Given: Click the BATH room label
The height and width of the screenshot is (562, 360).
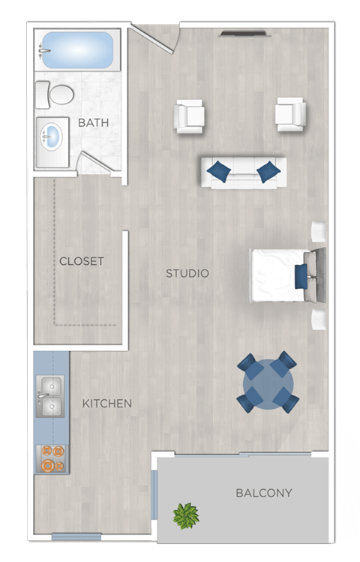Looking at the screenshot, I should (x=94, y=122).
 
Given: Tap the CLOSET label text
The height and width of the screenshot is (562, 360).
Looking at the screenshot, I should (x=82, y=261).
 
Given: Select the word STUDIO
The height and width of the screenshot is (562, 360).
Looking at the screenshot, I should (x=187, y=273).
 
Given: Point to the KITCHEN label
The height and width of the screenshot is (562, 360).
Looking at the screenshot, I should (x=107, y=404).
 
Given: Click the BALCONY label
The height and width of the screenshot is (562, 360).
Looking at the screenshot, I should (x=263, y=493).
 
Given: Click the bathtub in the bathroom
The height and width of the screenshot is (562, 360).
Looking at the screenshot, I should (x=77, y=50).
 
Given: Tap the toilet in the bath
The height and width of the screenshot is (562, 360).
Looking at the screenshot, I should (x=56, y=95).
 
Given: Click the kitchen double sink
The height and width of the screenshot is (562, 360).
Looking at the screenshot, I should (x=50, y=397).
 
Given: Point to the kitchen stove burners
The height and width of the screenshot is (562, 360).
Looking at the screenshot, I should (x=52, y=458).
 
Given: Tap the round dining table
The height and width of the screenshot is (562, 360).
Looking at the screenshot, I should (x=268, y=383).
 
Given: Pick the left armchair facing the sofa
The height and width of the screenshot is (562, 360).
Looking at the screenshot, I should (x=190, y=116).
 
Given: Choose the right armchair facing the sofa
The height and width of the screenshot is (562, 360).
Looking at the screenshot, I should (x=290, y=114).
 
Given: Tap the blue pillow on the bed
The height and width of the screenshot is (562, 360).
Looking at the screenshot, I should (x=301, y=275).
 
